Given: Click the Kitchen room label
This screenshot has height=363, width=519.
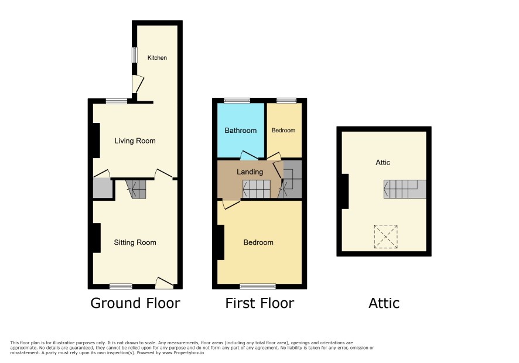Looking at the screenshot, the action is click(157, 57).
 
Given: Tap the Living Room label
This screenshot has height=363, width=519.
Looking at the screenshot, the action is click(135, 141).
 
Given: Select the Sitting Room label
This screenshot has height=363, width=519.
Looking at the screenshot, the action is click(135, 242).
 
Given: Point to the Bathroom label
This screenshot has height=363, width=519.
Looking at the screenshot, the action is click(241, 131).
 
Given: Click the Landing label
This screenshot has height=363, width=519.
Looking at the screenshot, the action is click(250, 172).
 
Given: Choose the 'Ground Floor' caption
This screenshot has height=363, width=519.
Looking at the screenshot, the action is click(135, 303).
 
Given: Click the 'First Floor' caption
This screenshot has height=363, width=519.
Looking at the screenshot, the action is click(259, 303).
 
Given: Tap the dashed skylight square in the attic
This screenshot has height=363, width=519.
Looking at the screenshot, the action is click(385, 237).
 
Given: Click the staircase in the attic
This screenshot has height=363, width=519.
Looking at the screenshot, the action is click(405, 189).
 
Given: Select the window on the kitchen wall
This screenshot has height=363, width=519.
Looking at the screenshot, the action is click(134, 55).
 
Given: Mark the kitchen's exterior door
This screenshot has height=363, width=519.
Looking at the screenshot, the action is click(137, 84).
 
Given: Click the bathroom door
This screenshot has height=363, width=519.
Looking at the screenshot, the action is click(248, 155).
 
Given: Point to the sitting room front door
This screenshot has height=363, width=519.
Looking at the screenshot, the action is click(164, 282).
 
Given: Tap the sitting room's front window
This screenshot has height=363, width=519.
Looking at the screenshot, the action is click(121, 286).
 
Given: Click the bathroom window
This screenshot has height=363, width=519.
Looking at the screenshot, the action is click(237, 101).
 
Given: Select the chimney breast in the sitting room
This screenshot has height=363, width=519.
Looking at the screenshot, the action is click(96, 238).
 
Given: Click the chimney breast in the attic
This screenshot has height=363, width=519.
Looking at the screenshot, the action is click(345, 191).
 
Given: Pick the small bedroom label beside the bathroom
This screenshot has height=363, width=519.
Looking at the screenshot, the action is click(284, 131).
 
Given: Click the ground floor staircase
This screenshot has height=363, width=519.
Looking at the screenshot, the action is click(136, 189).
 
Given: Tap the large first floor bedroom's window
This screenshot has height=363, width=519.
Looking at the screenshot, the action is click(258, 286).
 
